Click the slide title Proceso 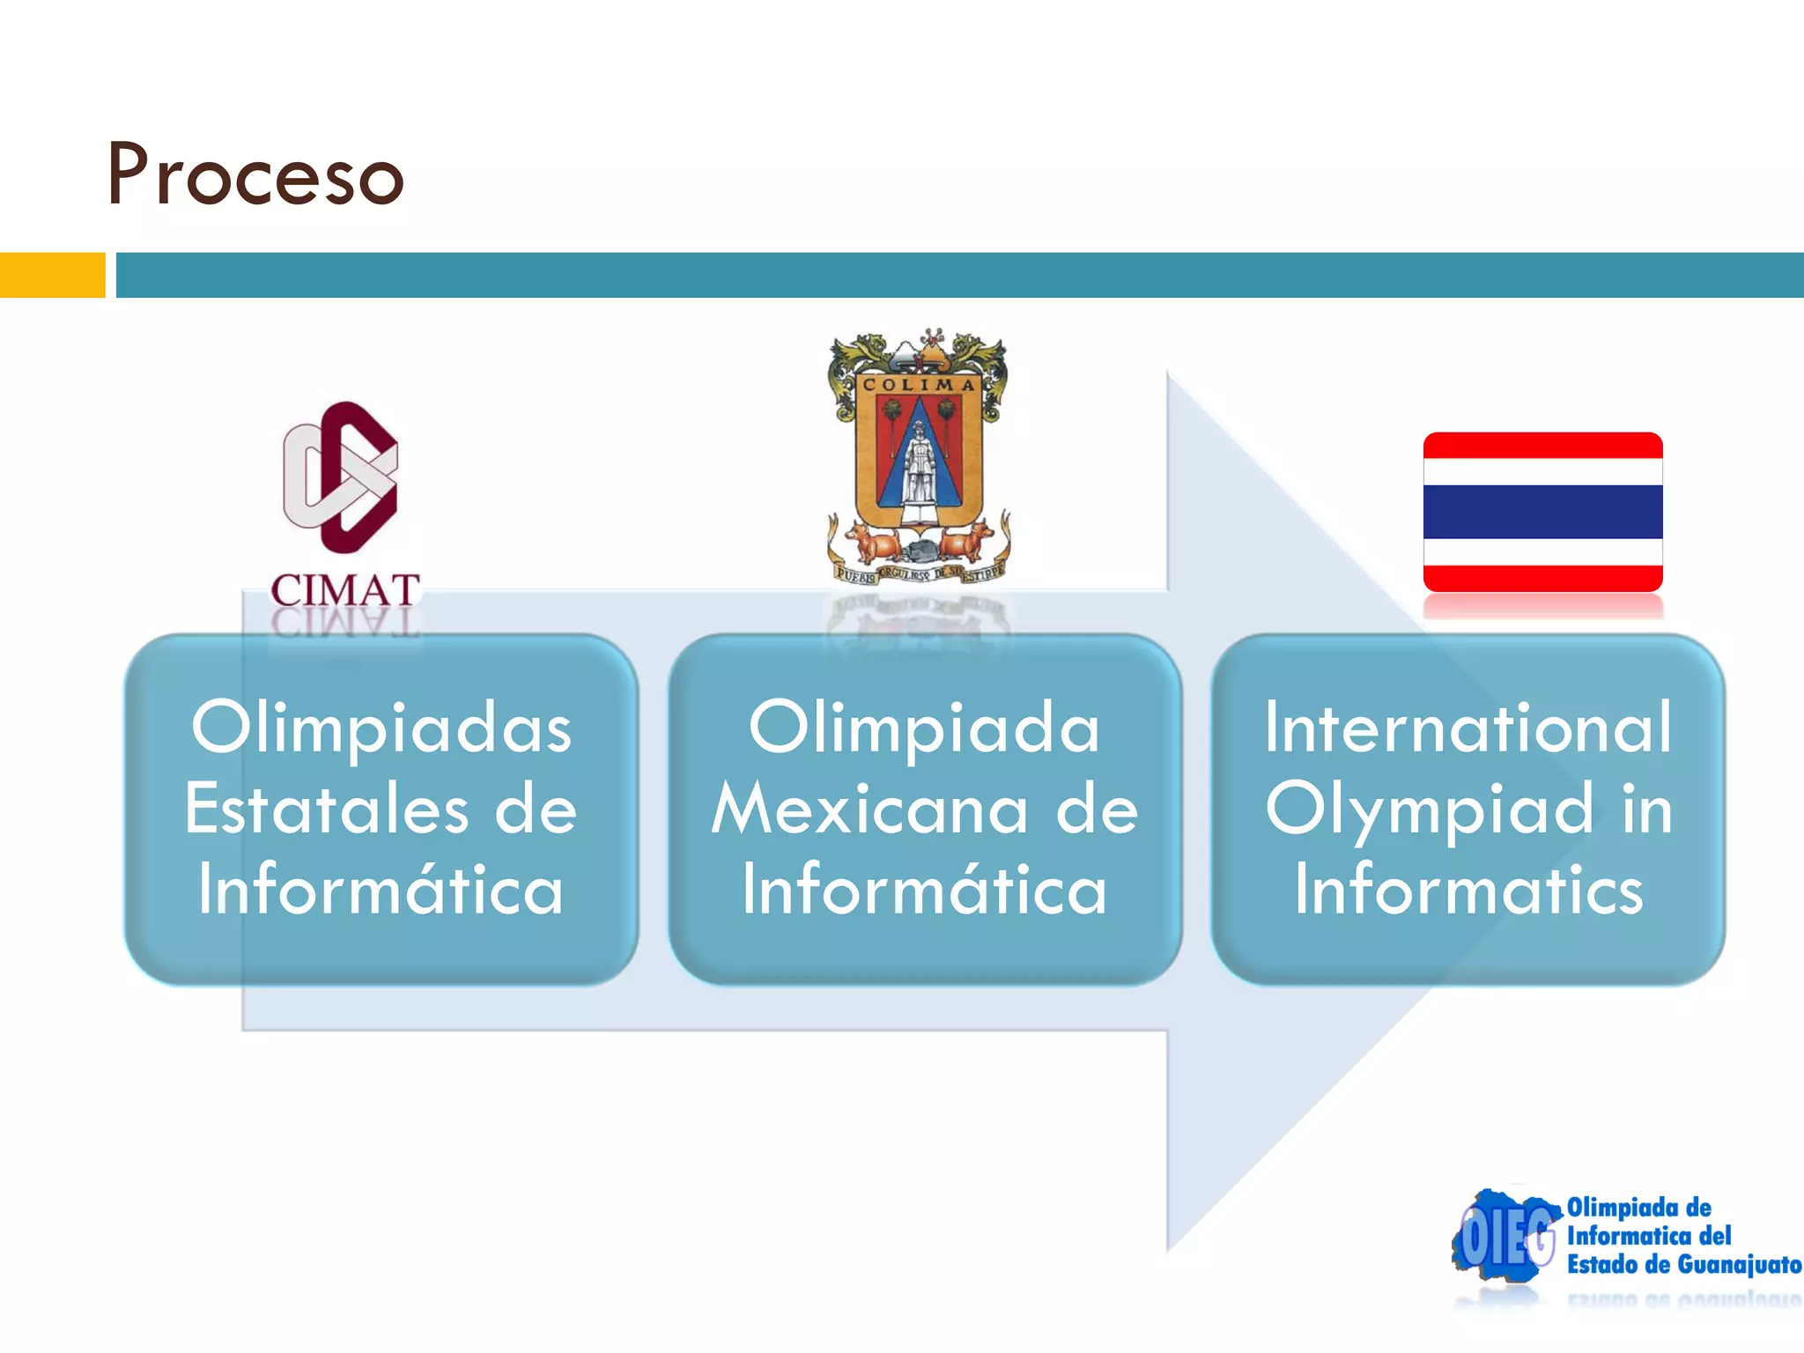(255, 174)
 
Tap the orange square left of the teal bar (52, 275)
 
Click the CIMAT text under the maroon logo (344, 590)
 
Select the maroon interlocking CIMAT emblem (341, 477)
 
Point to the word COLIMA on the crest (919, 385)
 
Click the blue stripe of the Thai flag (1542, 512)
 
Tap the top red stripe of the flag (1542, 446)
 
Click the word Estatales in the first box (327, 809)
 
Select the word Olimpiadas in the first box (381, 728)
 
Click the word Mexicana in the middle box (870, 809)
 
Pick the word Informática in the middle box (924, 890)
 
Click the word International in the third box (1468, 728)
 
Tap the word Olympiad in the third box (1430, 809)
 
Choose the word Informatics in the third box (1468, 890)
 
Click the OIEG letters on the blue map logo (1506, 1238)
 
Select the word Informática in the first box (381, 890)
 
